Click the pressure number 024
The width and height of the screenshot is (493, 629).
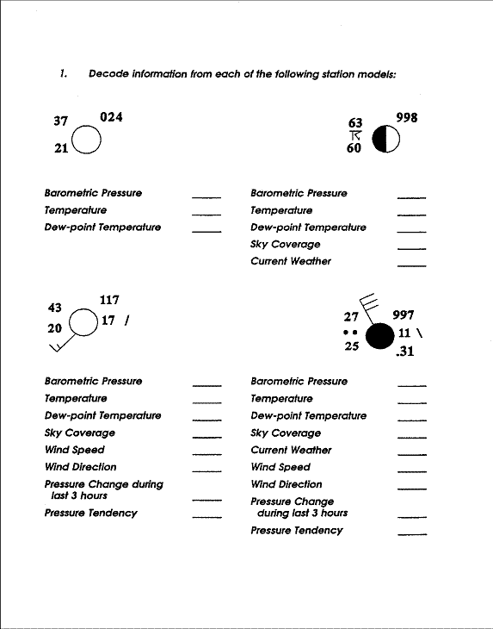112,116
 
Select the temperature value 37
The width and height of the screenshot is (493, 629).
60,121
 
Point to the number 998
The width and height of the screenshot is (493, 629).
406,117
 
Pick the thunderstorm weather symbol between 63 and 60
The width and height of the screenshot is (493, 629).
354,135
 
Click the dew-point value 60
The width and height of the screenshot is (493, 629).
354,148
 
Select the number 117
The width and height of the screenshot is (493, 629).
109,300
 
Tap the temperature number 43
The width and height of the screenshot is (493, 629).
58,308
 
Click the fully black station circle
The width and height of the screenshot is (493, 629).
379,336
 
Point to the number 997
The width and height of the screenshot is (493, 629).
403,316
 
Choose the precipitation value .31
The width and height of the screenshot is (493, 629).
404,352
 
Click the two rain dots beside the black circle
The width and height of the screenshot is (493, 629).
348,332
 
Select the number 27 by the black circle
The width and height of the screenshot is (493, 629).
350,316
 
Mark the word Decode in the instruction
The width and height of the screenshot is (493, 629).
107,73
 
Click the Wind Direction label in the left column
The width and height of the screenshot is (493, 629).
80,467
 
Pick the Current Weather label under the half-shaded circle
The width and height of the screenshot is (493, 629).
290,261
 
